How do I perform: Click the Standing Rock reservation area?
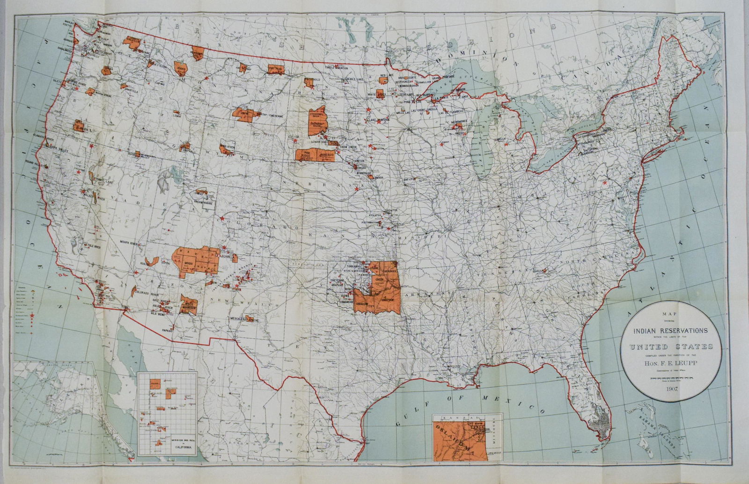click(x=317, y=114)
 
